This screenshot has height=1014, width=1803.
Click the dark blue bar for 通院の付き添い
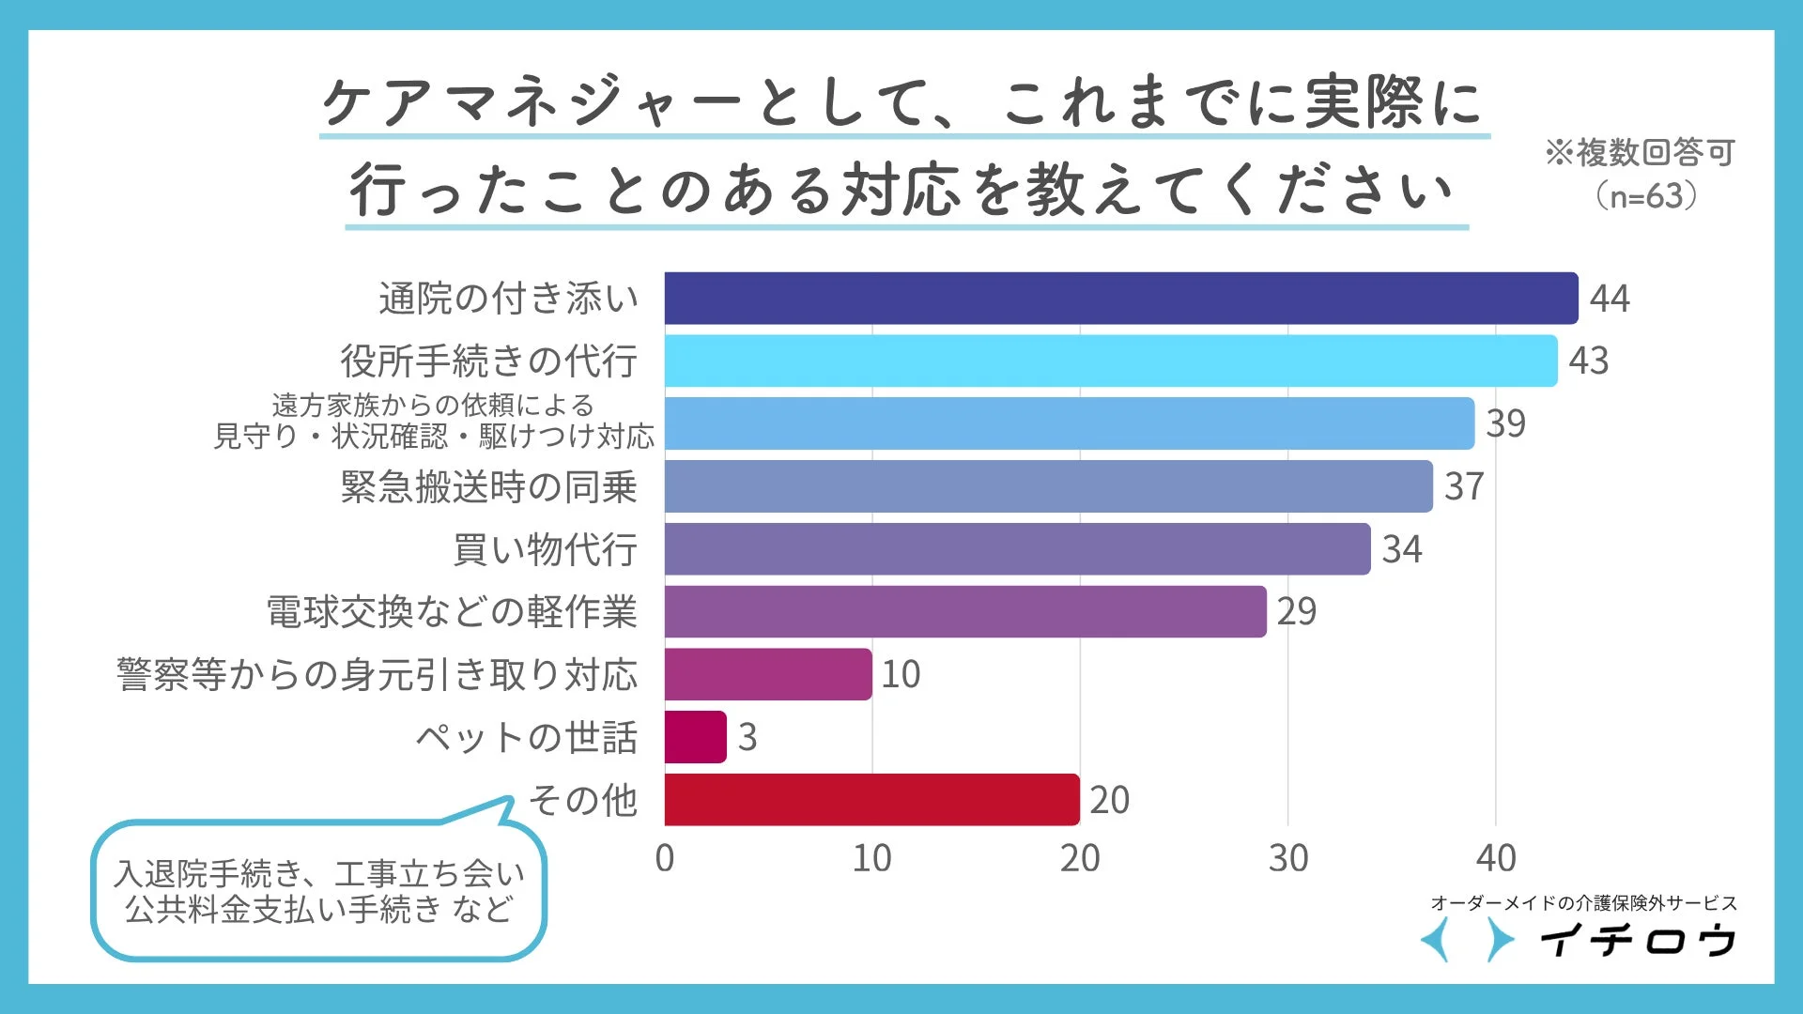coord(1121,299)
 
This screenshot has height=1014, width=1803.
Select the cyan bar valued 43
coord(1111,361)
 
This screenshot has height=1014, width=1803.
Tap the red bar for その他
coord(871,800)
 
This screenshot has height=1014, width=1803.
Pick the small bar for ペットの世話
coord(695,737)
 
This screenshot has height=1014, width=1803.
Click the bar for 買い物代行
coord(1017,549)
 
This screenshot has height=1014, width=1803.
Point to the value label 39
coord(1506,423)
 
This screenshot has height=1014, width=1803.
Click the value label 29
coord(1297,612)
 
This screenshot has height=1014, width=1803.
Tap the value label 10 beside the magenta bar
coord(901,674)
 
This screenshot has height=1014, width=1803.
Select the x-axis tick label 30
coord(1287,858)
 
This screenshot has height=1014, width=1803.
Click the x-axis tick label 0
coord(665,858)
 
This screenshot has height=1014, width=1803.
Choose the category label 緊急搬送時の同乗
coord(488,486)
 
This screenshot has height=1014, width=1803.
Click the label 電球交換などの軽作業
coord(452,612)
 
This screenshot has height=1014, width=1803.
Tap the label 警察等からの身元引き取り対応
coord(377,674)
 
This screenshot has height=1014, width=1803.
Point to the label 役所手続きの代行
coord(488,361)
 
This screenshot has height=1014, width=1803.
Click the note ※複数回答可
coord(1640,152)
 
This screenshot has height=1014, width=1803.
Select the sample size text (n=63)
coord(1645,195)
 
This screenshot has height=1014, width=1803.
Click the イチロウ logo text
coord(1638,940)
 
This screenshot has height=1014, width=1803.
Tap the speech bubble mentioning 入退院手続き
coord(319,891)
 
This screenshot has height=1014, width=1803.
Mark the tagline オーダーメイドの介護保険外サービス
coord(1583,903)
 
